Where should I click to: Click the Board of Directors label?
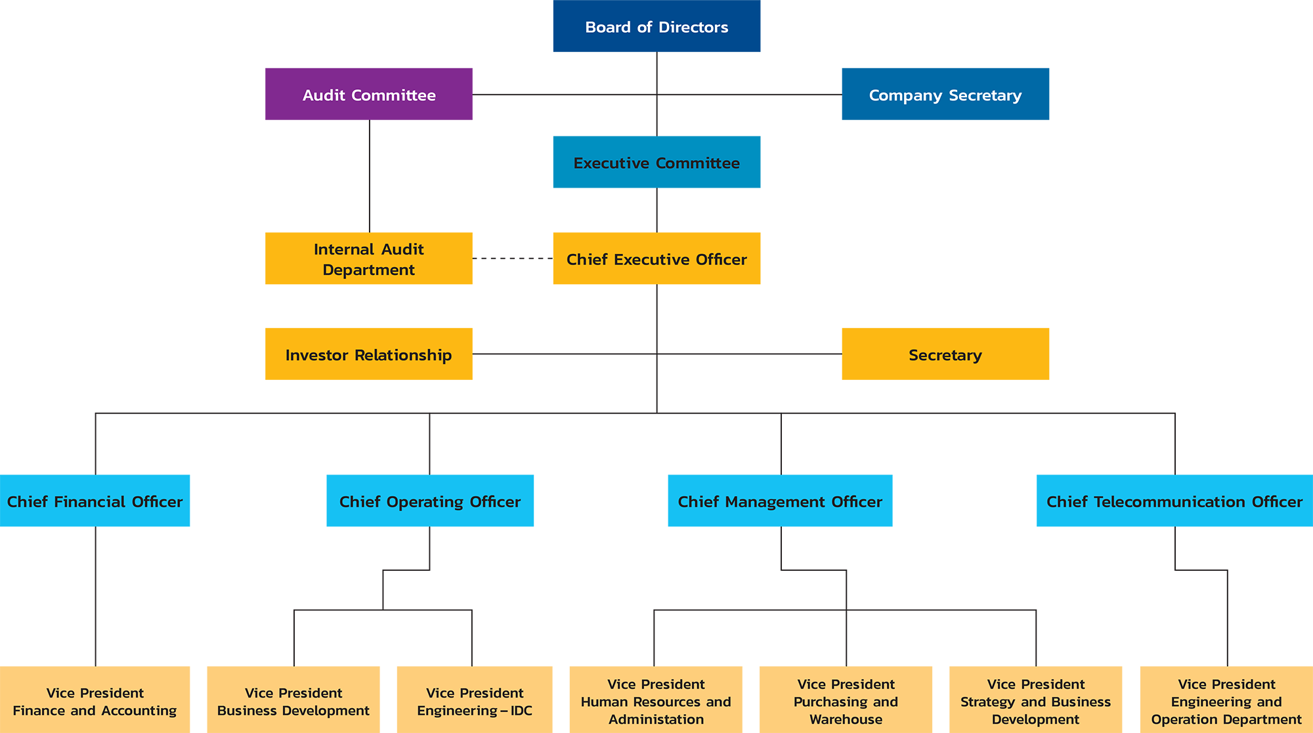tap(656, 28)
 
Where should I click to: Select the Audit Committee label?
tap(369, 96)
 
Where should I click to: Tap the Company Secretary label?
tap(945, 96)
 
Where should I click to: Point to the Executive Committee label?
tap(656, 163)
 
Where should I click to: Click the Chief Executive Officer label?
tap(656, 260)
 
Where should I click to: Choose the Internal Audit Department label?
tap(369, 260)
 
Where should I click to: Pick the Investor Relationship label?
tap(369, 356)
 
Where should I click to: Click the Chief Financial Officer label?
tap(95, 502)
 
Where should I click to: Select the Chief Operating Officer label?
tap(430, 502)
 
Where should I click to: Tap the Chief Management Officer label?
tap(780, 502)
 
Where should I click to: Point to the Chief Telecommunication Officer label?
tap(1174, 502)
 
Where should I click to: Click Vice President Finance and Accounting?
tap(95, 702)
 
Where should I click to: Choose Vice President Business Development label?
tap(293, 702)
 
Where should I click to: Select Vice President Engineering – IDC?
tap(475, 702)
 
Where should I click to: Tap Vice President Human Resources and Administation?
tap(656, 702)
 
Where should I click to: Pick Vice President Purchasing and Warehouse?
tap(846, 702)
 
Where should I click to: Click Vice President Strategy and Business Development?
tap(1035, 702)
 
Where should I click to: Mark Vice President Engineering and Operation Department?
tap(1226, 702)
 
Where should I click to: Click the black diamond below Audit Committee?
tap(370, 176)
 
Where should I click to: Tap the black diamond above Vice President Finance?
tap(96, 597)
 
